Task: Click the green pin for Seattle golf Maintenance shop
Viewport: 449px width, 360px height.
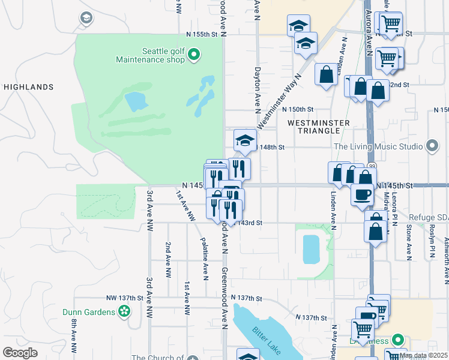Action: click(x=193, y=56)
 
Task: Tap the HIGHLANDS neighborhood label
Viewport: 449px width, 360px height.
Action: click(x=29, y=87)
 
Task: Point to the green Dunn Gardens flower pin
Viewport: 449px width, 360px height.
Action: click(x=124, y=311)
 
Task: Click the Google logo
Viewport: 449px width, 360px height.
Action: click(x=20, y=353)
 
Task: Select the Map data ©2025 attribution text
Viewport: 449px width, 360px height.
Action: click(x=423, y=355)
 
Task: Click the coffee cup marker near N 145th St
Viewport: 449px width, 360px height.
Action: click(x=363, y=195)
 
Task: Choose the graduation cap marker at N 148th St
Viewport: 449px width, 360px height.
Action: click(x=244, y=140)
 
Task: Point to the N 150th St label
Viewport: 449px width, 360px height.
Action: click(x=299, y=109)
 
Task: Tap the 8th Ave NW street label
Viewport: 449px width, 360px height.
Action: click(x=73, y=340)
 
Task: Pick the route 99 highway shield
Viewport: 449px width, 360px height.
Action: click(x=372, y=166)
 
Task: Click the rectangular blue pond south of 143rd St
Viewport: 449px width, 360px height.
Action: click(x=312, y=249)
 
